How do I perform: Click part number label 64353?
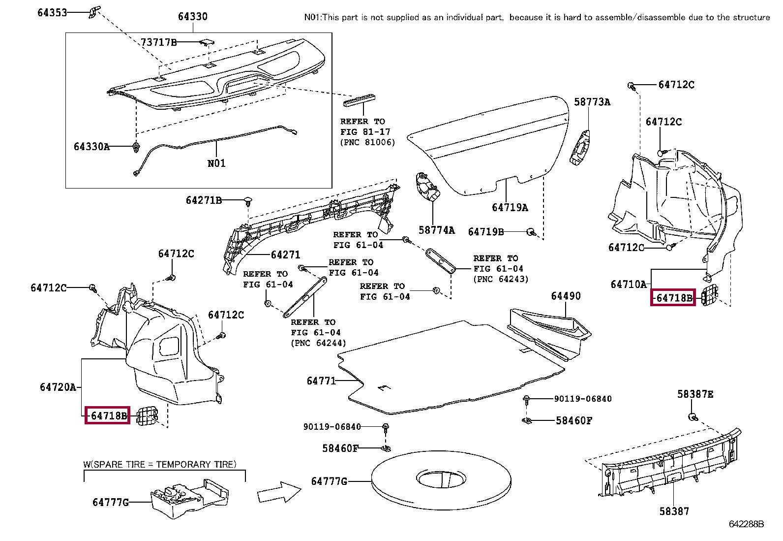click(x=52, y=13)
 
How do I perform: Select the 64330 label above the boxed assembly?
click(x=193, y=16)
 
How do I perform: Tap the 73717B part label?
click(x=159, y=42)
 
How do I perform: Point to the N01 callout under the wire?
click(x=216, y=163)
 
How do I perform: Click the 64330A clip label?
click(x=91, y=147)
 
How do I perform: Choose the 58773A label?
click(x=592, y=102)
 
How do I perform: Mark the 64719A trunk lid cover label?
click(x=510, y=208)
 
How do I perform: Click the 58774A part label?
click(x=437, y=230)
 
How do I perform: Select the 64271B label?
click(x=204, y=200)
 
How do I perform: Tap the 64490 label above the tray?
click(x=566, y=296)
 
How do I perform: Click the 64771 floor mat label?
click(x=321, y=381)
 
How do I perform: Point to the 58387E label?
click(x=695, y=394)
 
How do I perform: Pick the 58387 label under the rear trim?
click(x=674, y=511)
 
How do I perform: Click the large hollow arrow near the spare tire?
click(x=279, y=492)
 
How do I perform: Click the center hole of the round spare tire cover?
click(x=441, y=478)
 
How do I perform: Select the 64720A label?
click(x=58, y=387)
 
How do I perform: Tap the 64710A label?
click(x=629, y=285)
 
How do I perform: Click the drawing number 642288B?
click(x=746, y=524)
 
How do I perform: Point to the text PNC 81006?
click(x=367, y=142)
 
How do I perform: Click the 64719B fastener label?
click(x=486, y=232)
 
